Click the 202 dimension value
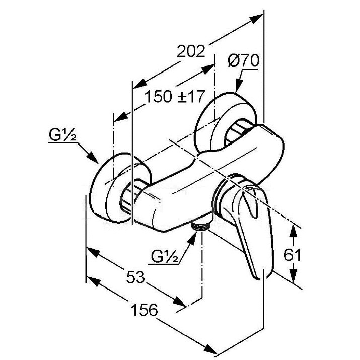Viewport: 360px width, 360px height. coord(190,51)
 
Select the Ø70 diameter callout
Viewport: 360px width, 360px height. coord(243,61)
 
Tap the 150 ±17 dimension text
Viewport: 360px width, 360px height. coord(175,97)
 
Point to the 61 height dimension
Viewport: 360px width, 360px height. coord(292,255)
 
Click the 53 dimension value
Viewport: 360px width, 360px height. coord(135,277)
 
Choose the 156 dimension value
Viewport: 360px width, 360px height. coord(144,310)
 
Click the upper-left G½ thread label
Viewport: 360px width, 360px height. coord(62,135)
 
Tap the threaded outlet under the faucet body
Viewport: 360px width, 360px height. coord(200,227)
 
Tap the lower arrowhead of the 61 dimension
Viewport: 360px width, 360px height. coord(293,275)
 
